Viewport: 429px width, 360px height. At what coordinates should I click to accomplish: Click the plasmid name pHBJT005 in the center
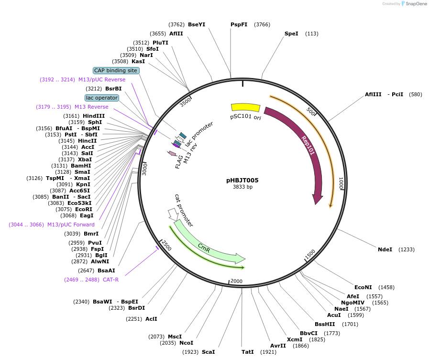(x=242, y=180)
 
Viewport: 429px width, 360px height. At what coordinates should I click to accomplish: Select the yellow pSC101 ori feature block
(x=245, y=108)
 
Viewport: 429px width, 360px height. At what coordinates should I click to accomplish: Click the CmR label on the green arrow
(x=204, y=247)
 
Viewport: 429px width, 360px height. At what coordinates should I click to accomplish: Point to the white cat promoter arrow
(x=172, y=214)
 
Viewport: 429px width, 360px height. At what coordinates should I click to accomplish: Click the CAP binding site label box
(x=116, y=70)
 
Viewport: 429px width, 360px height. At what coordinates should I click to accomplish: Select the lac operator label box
(x=102, y=98)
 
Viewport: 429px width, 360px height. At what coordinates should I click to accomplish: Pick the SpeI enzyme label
(x=291, y=34)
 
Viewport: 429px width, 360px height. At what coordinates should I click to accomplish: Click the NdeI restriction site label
(x=385, y=249)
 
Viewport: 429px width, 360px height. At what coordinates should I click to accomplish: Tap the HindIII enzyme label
(x=93, y=116)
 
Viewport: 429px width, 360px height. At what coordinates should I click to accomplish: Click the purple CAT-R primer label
(x=110, y=280)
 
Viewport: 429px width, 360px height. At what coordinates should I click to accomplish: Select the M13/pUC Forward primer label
(x=71, y=225)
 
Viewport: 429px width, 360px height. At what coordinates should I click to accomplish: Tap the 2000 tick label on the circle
(x=237, y=281)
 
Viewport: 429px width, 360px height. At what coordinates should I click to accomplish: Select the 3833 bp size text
(x=242, y=187)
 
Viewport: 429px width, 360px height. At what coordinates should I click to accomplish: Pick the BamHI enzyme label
(x=81, y=166)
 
